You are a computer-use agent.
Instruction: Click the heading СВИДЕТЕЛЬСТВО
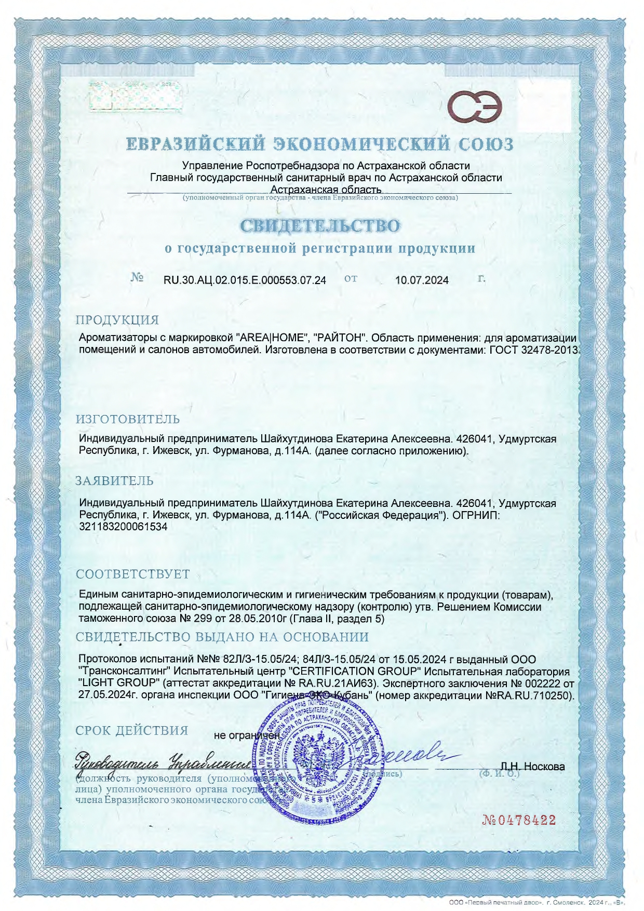320,226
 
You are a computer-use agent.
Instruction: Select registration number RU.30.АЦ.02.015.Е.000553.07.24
245,280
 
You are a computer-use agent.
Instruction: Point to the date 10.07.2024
422,280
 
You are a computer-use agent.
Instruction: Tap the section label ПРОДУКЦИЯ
117,320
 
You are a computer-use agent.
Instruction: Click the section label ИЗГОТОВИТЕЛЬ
128,419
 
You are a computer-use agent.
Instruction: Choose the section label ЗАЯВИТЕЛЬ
114,481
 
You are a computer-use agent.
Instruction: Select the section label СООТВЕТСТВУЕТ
133,574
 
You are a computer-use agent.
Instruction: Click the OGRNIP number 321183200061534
123,527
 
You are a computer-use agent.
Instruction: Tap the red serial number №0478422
519,820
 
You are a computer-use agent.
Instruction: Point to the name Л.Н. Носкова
532,767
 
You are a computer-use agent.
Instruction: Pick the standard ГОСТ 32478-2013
533,350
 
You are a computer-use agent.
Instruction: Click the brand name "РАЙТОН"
340,338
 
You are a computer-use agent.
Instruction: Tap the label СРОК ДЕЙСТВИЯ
132,730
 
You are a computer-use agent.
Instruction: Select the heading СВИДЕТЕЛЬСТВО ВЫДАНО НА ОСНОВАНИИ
222,637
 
